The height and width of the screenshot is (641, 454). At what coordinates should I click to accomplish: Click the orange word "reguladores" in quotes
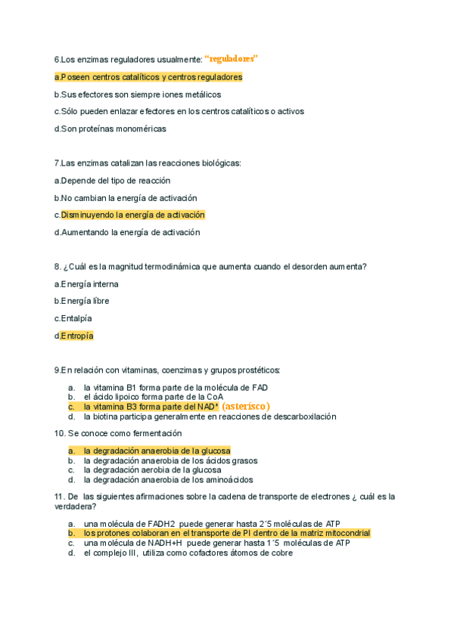[232, 58]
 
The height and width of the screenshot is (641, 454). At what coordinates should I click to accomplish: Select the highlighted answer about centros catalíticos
[148, 77]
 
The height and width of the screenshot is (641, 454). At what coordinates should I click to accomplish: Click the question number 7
[57, 163]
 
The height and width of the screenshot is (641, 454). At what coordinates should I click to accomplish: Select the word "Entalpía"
[76, 318]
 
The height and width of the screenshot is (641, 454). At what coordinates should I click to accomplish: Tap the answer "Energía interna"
[89, 284]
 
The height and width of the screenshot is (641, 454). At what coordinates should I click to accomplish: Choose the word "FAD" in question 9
[259, 387]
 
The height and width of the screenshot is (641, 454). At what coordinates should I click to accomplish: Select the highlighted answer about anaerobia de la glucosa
[157, 451]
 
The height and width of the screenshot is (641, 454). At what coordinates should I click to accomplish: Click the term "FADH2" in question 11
[157, 524]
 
